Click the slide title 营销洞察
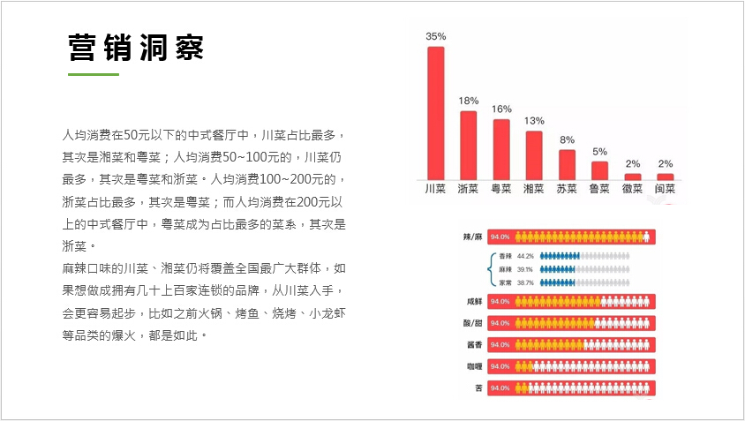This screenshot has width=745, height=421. pyautogui.click(x=136, y=49)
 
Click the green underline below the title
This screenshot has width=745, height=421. pyautogui.click(x=94, y=75)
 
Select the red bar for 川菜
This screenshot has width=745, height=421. pyautogui.click(x=435, y=112)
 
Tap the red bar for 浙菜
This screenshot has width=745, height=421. pyautogui.click(x=468, y=144)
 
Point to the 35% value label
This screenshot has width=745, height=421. pyautogui.click(x=435, y=37)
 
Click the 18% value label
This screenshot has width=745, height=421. pyautogui.click(x=468, y=101)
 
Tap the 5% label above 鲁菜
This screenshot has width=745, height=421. pyautogui.click(x=599, y=151)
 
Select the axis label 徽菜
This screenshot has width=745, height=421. pyautogui.click(x=632, y=188)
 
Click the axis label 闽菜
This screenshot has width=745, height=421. pyautogui.click(x=665, y=188)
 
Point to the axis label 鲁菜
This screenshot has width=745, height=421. pyautogui.click(x=599, y=188)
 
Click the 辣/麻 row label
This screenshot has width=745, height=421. pyautogui.click(x=471, y=237)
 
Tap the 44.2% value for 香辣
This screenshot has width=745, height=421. pyautogui.click(x=525, y=256)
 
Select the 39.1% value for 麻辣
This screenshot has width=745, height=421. pyautogui.click(x=525, y=269)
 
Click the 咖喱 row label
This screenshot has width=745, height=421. pyautogui.click(x=474, y=365)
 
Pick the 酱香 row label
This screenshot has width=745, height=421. pyautogui.click(x=474, y=344)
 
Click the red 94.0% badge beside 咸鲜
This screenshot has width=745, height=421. pyautogui.click(x=500, y=301)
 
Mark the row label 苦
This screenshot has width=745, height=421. pyautogui.click(x=478, y=387)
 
